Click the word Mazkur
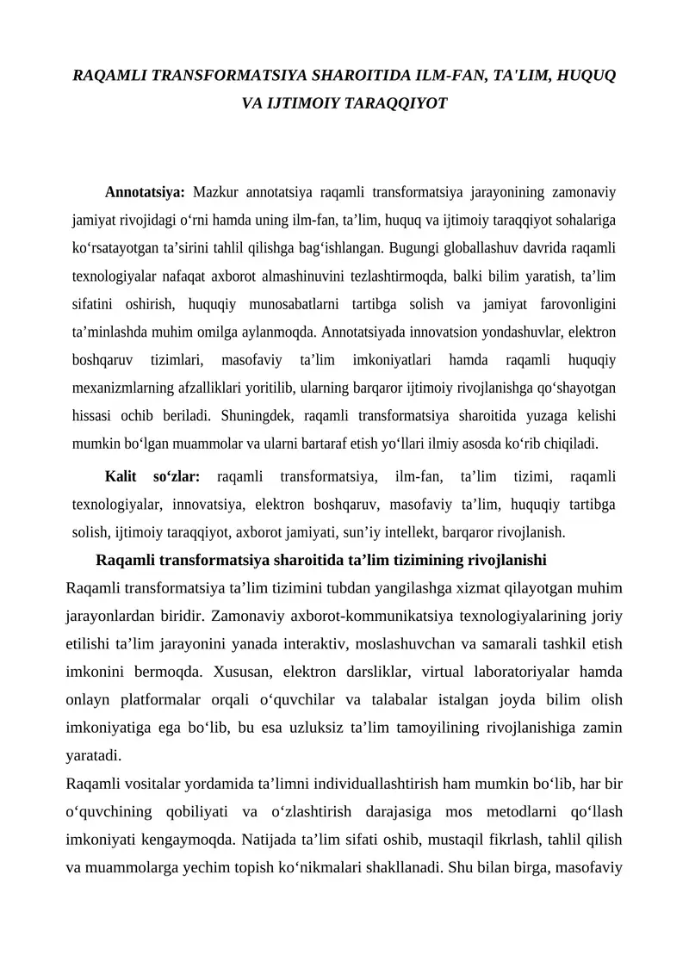point(215,191)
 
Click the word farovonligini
point(571,303)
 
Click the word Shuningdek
point(258,416)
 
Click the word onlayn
point(87,699)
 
